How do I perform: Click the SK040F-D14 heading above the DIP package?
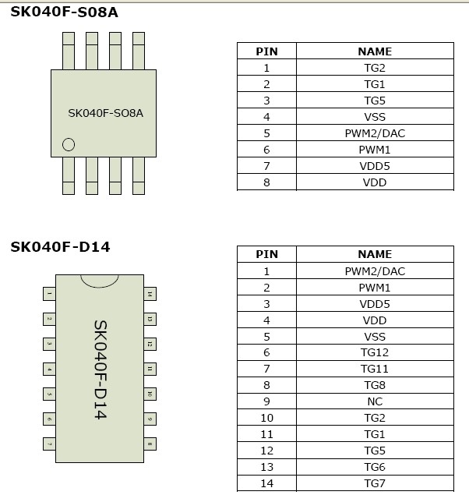(x=61, y=247)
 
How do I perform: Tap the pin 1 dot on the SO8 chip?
(x=69, y=144)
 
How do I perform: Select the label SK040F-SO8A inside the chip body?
(x=105, y=112)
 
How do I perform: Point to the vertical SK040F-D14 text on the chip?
(x=100, y=369)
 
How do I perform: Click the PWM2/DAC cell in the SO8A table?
(x=375, y=133)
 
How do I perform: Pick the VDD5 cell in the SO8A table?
(x=375, y=166)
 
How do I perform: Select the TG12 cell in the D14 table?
(x=375, y=353)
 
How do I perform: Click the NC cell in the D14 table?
(x=375, y=401)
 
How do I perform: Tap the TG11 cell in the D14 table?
(x=375, y=369)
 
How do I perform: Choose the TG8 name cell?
(x=375, y=385)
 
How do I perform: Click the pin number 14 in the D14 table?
(x=266, y=483)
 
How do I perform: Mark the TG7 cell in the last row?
(x=375, y=483)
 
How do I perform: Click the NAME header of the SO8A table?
(x=375, y=51)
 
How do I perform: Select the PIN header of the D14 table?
(x=266, y=254)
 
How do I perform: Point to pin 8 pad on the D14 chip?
(x=150, y=444)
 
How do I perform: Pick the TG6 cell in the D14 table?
(x=375, y=467)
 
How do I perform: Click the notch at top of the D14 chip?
(x=100, y=278)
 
